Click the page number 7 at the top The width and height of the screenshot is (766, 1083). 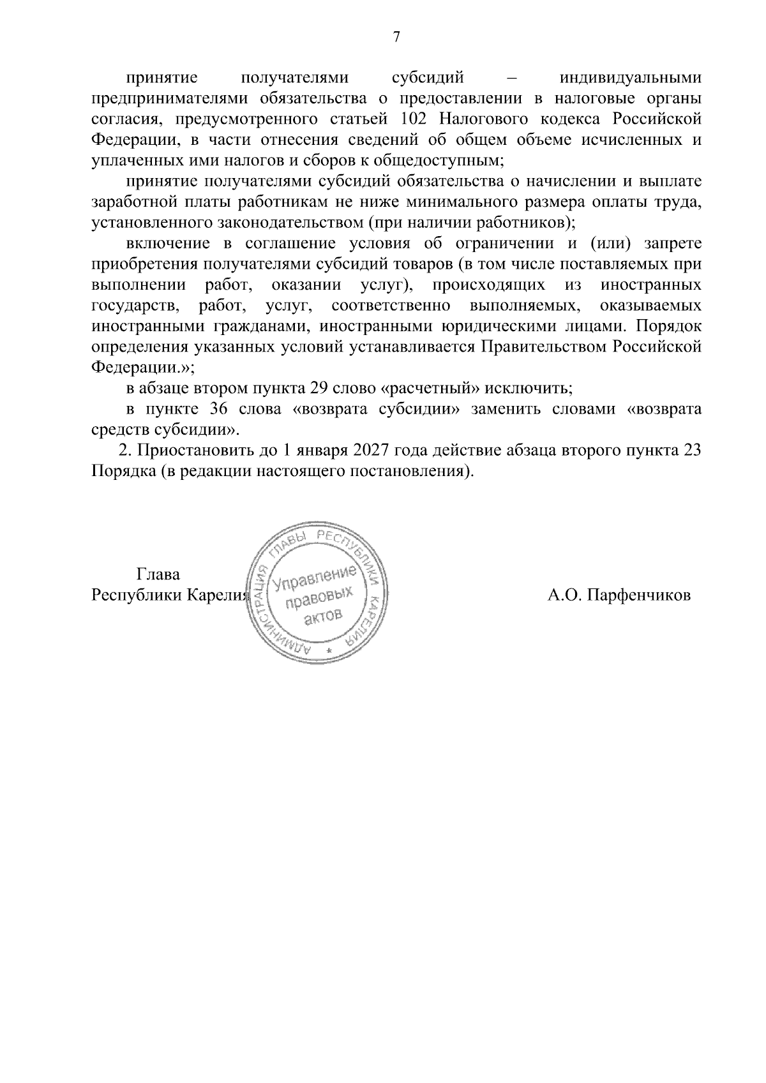click(x=396, y=38)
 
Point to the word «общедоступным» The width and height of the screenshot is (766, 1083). click(x=447, y=160)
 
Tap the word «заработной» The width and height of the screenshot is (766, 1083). click(x=131, y=202)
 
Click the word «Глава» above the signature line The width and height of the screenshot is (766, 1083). click(x=158, y=574)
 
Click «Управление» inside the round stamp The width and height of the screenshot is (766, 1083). click(x=313, y=579)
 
